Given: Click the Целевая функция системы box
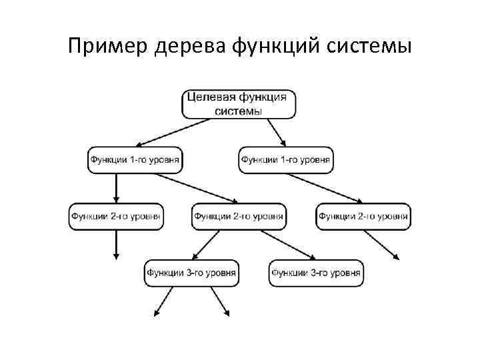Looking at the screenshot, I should [x=238, y=104].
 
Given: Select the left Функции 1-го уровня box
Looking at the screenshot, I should [x=135, y=160].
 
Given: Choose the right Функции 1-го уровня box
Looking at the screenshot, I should [x=286, y=160].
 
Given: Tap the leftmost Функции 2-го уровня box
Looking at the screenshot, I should [x=116, y=216].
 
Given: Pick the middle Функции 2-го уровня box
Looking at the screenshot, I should [x=239, y=216].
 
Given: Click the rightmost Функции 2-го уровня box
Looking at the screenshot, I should [x=363, y=216].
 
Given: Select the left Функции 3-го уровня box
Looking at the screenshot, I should [x=191, y=273].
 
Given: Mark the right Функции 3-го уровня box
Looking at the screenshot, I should [x=316, y=273].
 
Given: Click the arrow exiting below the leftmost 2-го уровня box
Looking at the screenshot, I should [x=116, y=244].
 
